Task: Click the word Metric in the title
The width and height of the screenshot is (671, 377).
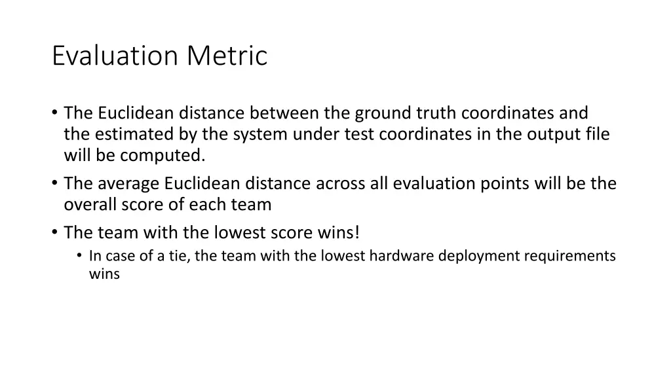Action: click(x=227, y=56)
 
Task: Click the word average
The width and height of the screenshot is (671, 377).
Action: click(x=128, y=183)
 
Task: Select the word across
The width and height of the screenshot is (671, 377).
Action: click(x=340, y=183)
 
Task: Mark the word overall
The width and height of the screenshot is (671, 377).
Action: click(x=89, y=204)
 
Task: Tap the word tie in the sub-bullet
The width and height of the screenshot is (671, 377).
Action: click(x=178, y=256)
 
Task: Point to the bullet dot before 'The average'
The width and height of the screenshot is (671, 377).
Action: click(x=54, y=184)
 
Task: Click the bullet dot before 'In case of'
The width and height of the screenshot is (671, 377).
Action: click(x=79, y=257)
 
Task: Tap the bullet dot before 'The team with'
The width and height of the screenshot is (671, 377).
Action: click(x=54, y=232)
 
